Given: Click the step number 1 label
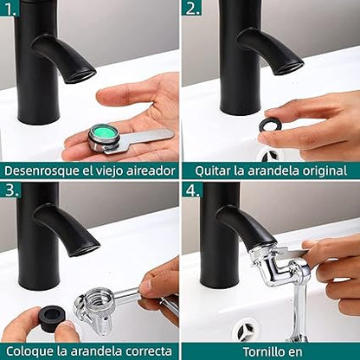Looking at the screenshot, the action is [x=10, y=10].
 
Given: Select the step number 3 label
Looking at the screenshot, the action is [x=12, y=190].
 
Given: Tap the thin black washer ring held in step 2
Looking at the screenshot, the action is [x=269, y=125].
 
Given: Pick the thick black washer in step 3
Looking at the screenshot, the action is [x=54, y=318].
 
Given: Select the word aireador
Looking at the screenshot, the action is [x=148, y=170].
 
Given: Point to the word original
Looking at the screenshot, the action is [x=325, y=171].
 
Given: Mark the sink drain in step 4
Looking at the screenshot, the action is [x=245, y=331].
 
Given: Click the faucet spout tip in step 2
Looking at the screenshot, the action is [x=288, y=67].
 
